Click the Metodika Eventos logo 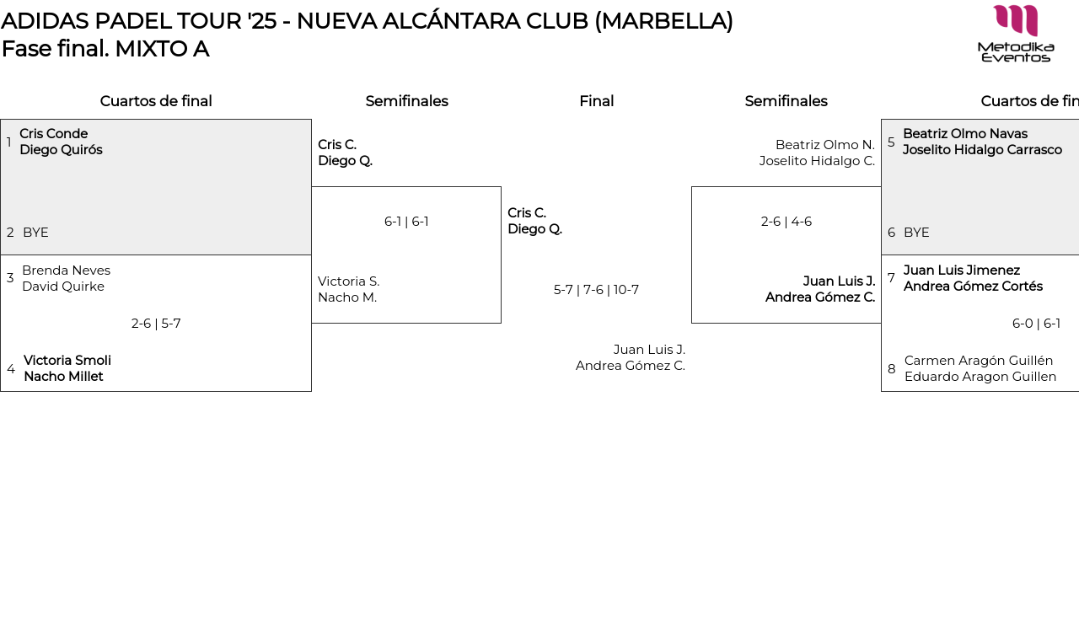[1016, 34]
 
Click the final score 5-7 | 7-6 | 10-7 [596, 290]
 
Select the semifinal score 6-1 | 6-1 [406, 222]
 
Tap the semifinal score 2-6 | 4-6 [786, 222]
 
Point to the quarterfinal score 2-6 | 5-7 [156, 324]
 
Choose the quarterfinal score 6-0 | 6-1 [1036, 324]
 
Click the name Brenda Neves [67, 271]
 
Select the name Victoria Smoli [67, 361]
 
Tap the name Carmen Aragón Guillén [979, 361]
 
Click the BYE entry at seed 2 [35, 233]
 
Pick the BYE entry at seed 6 [916, 233]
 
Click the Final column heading [596, 101]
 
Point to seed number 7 [891, 278]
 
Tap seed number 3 [10, 278]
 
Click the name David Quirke [63, 287]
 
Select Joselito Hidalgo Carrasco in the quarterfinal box [982, 150]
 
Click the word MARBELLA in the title [663, 21]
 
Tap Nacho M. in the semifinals [347, 297]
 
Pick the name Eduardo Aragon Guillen [980, 377]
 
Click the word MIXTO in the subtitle [151, 49]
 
